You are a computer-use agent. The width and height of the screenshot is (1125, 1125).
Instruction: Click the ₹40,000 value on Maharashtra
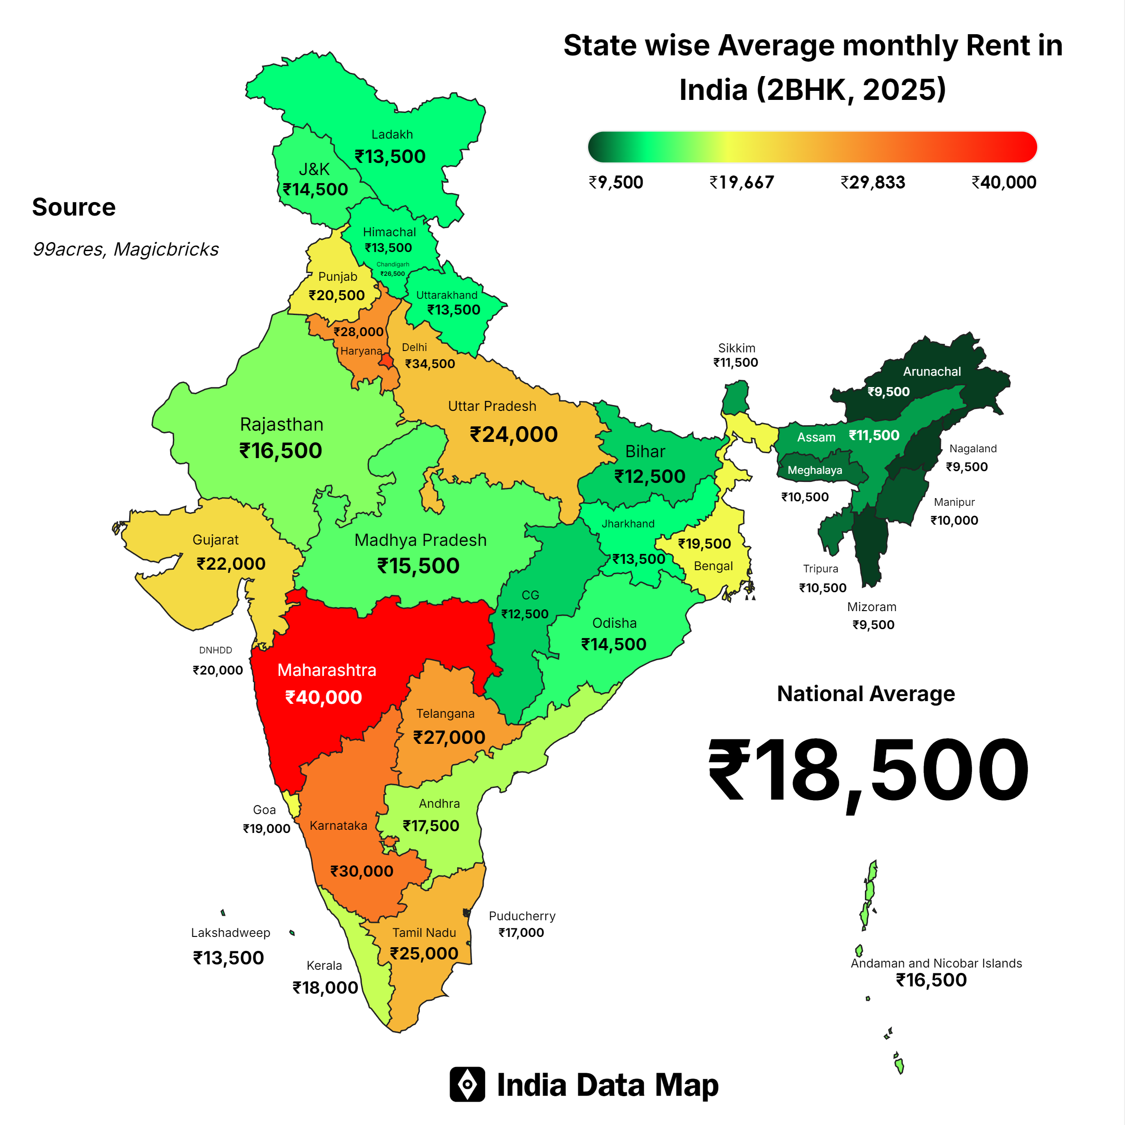[x=323, y=697]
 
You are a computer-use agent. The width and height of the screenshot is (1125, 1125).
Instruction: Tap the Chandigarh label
[x=392, y=264]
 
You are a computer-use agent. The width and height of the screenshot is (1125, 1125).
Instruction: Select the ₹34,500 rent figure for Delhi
[x=430, y=364]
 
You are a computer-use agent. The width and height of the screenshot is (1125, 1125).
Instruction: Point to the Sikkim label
[x=737, y=348]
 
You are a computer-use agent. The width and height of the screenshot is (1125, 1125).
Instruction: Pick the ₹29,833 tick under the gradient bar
[x=873, y=183]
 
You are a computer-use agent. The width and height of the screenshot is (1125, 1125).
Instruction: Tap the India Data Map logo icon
[x=467, y=1084]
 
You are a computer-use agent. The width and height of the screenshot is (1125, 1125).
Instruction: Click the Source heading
[x=74, y=207]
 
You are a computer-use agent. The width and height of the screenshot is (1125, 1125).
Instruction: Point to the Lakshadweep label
[x=230, y=933]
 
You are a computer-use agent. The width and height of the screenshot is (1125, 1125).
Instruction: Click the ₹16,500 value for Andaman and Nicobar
[x=931, y=980]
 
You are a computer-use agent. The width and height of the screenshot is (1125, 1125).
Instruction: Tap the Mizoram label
[x=872, y=607]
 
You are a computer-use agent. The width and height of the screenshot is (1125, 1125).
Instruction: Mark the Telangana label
[x=445, y=713]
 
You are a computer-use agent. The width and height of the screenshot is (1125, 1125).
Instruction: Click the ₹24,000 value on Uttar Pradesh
[x=513, y=434]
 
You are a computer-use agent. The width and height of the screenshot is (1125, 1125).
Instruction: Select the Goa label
[x=264, y=810]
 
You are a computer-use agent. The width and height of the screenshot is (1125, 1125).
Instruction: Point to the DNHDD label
[x=216, y=650]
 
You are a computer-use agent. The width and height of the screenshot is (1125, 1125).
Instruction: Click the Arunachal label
[x=931, y=372]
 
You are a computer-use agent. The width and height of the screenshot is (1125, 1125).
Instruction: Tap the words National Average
[x=866, y=694]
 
